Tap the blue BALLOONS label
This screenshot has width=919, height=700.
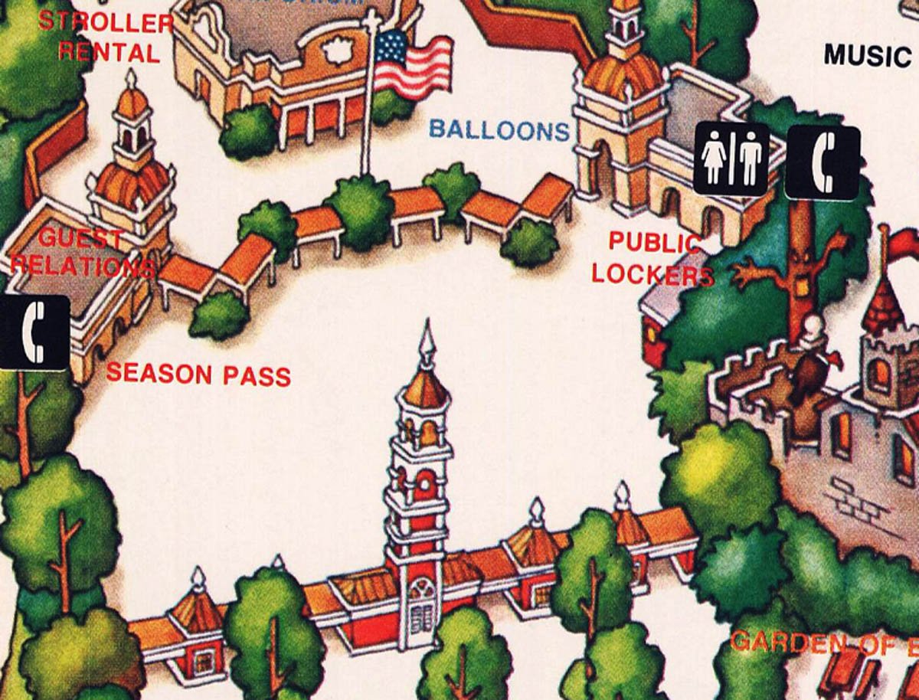(x=499, y=129)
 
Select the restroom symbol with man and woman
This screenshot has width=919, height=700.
(x=731, y=159)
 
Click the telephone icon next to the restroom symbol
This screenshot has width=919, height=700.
(x=823, y=162)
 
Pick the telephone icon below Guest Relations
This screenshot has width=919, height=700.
(x=34, y=332)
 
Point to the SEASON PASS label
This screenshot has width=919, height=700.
(x=198, y=374)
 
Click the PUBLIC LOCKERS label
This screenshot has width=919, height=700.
(x=653, y=258)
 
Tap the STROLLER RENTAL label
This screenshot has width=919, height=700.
(x=106, y=37)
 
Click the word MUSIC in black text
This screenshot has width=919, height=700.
(x=865, y=55)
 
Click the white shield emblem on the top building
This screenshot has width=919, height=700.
(x=338, y=52)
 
